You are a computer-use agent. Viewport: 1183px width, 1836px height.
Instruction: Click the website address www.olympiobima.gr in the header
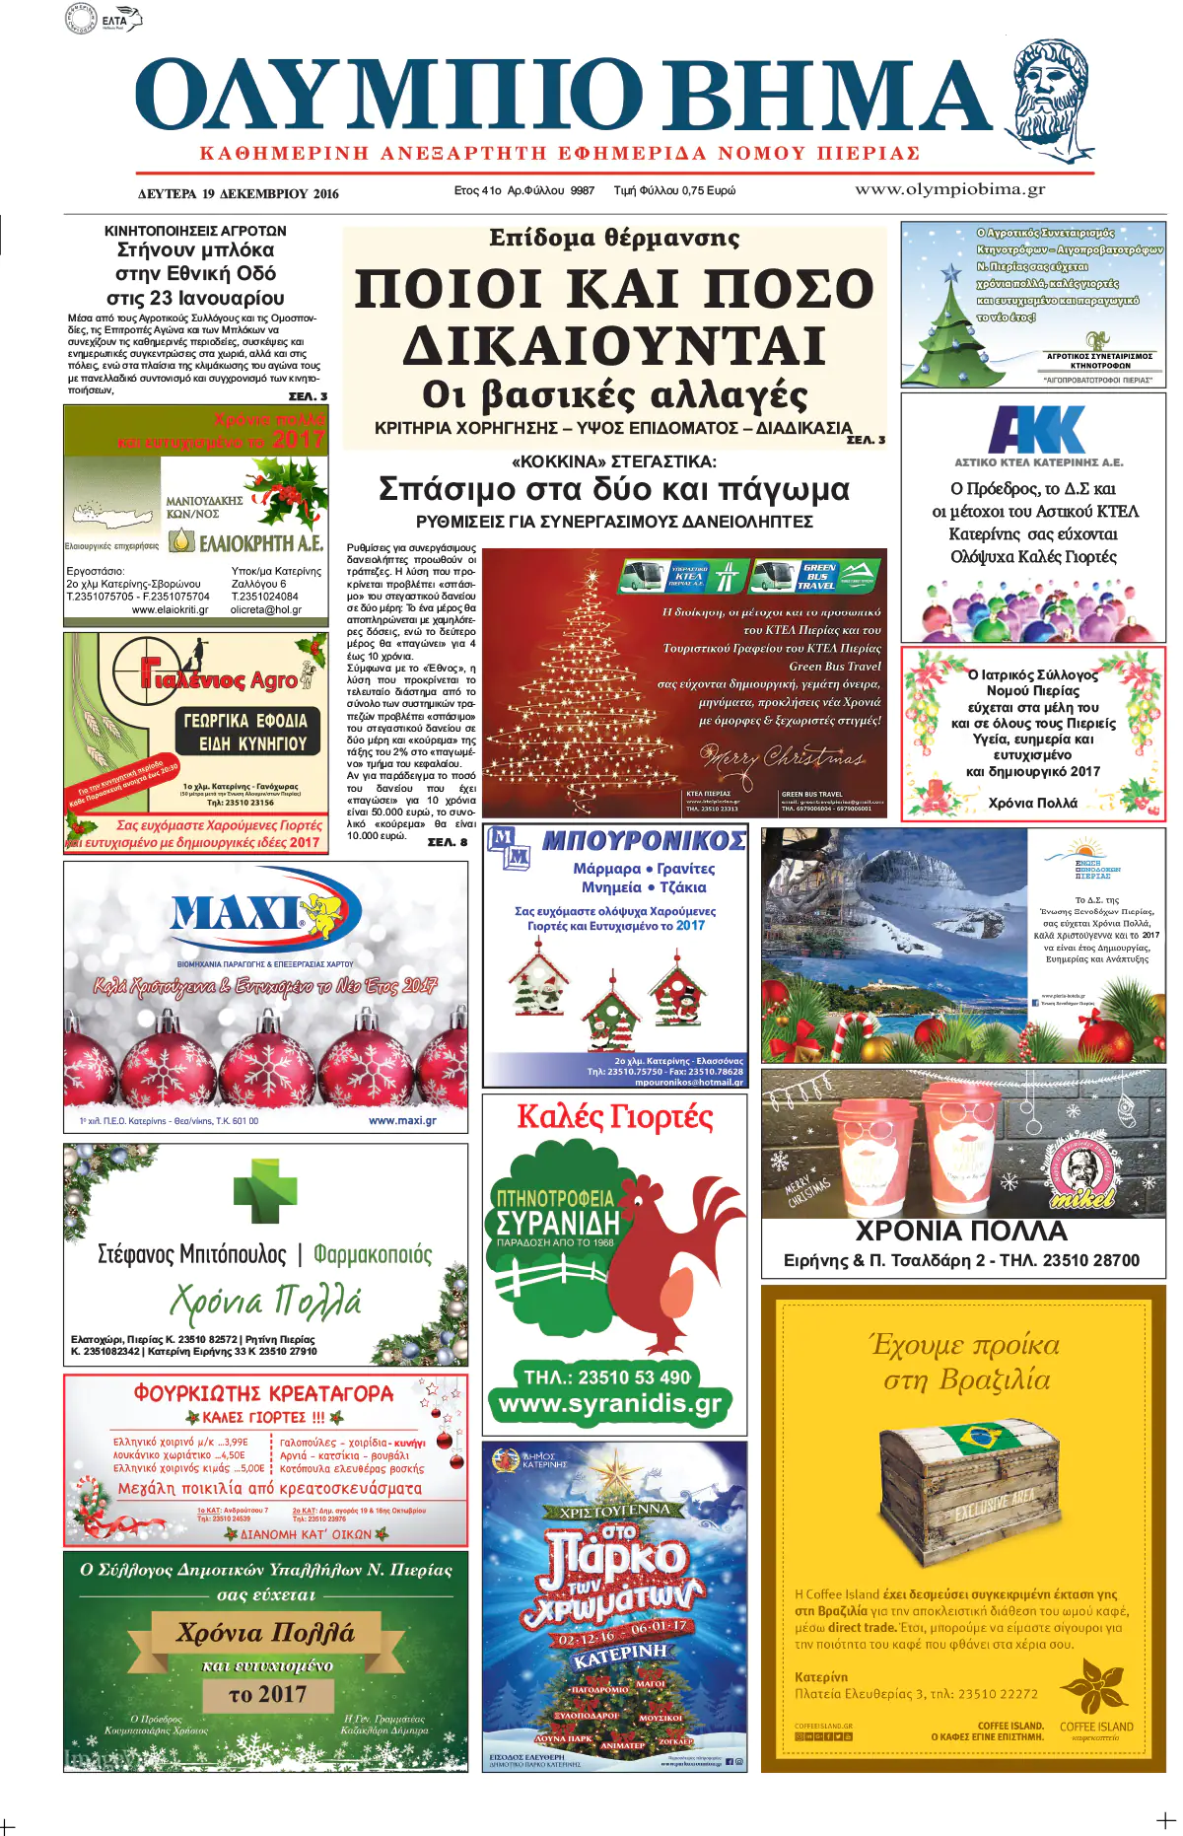[x=949, y=189]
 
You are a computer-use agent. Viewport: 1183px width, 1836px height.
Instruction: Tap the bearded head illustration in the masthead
[x=1054, y=97]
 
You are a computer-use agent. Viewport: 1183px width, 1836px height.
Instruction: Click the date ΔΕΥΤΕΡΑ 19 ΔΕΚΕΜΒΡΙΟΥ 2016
[x=238, y=193]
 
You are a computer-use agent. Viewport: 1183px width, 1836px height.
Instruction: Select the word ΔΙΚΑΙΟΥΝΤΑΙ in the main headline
[x=614, y=345]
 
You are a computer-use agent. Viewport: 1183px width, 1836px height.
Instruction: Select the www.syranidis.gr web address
[x=610, y=1403]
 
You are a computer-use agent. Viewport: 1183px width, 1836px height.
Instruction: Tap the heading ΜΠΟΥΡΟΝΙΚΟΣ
[x=644, y=840]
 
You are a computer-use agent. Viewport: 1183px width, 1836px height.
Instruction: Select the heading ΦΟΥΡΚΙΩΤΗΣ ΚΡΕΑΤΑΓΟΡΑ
[x=263, y=1393]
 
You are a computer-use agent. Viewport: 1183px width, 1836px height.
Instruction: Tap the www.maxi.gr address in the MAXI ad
[x=402, y=1120]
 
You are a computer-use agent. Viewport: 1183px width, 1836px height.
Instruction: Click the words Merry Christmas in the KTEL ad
[x=782, y=757]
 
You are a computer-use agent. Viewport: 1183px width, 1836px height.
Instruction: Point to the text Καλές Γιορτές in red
[x=615, y=1117]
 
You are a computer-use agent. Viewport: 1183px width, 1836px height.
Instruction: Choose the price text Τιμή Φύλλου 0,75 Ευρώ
[x=674, y=190]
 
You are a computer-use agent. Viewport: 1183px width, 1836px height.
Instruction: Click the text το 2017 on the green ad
[x=267, y=1694]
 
